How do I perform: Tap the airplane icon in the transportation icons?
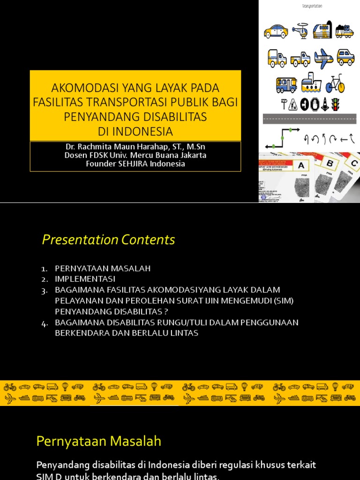tap(323, 59)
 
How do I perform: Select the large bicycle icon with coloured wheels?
tap(335, 84)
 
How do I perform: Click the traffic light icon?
tap(335, 104)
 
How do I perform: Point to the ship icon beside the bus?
tap(311, 83)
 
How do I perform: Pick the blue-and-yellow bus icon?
tap(286, 85)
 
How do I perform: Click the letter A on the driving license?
tap(300, 165)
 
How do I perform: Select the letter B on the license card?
tap(330, 163)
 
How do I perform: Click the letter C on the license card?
tap(354, 164)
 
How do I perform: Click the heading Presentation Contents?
tap(108, 240)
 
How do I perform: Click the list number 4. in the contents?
tap(45, 323)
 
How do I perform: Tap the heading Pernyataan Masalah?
tap(99, 441)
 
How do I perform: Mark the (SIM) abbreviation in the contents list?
tap(282, 300)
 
